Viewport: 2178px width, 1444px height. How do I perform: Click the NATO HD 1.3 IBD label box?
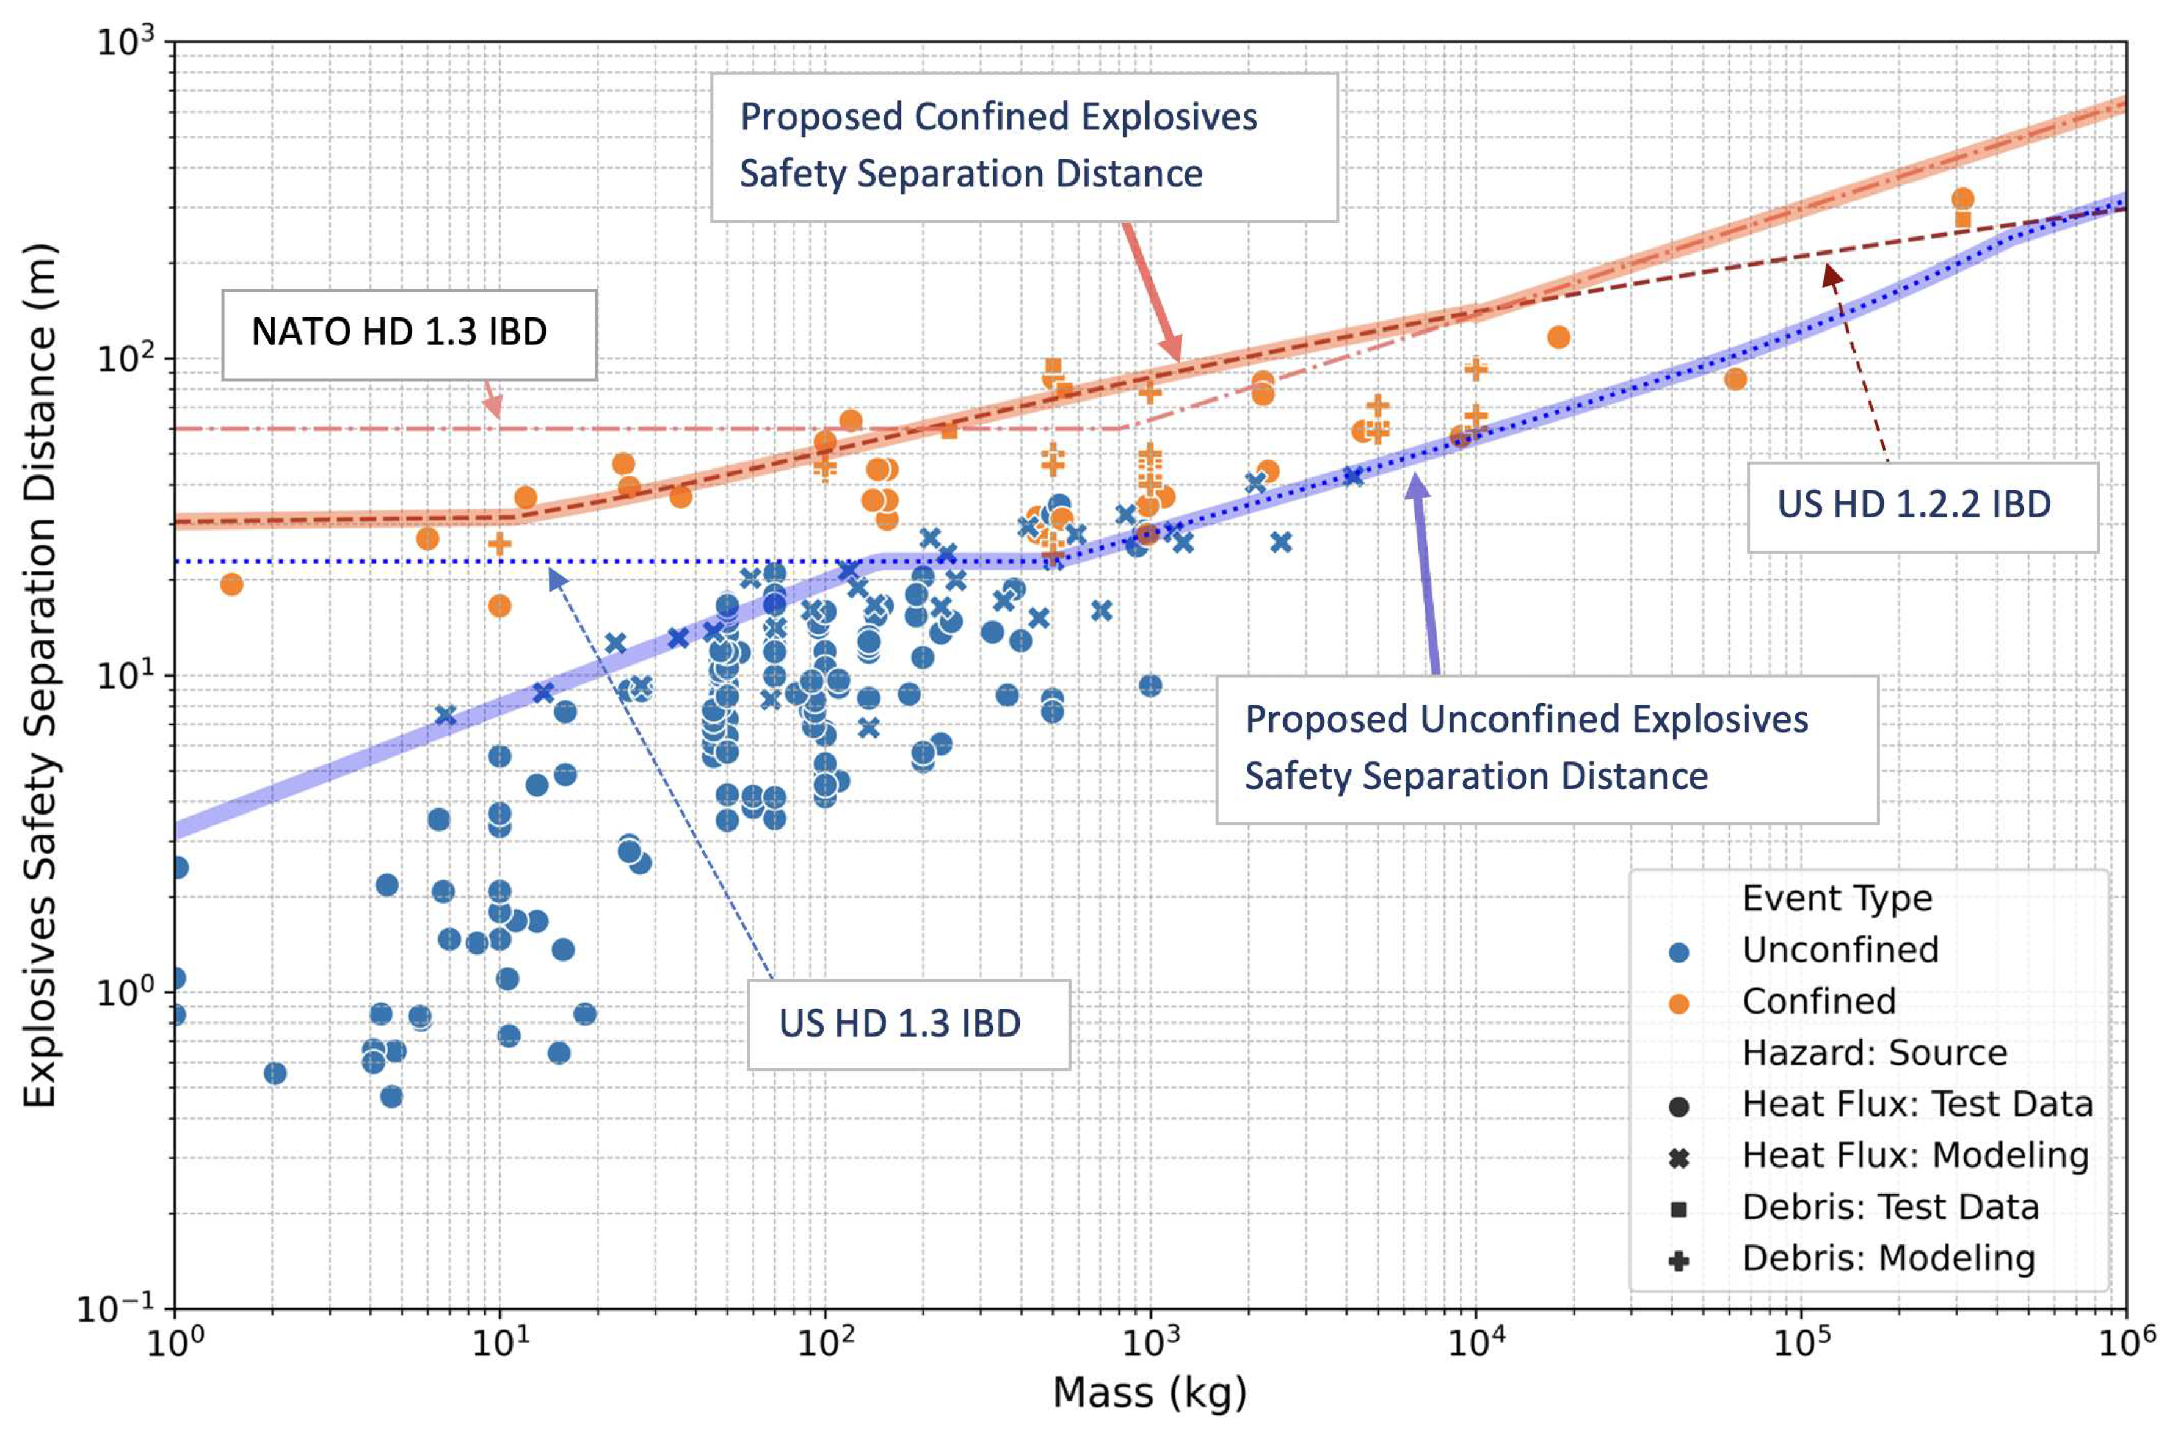[409, 335]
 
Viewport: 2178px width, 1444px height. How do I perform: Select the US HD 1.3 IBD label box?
[907, 1023]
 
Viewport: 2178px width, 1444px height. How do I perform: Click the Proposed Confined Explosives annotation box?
[1023, 147]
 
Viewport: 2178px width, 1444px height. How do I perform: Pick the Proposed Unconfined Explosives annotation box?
[1545, 749]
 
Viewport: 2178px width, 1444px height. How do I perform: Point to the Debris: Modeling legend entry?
[1888, 1258]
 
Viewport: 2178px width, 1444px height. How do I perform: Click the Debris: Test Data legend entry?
[1890, 1206]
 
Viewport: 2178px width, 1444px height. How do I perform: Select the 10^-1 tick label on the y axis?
[118, 1308]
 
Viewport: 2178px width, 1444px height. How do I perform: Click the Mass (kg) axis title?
[1149, 1393]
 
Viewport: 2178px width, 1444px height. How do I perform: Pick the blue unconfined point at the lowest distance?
[391, 1096]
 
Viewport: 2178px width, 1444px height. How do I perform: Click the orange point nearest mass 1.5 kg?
[231, 584]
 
